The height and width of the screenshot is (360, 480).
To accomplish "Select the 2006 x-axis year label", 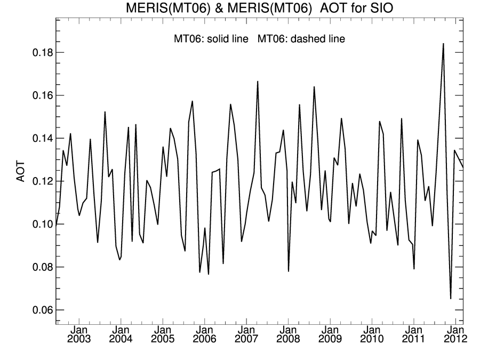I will pyautogui.click(x=204, y=339).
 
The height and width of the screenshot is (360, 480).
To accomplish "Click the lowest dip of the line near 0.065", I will pyautogui.click(x=451, y=298).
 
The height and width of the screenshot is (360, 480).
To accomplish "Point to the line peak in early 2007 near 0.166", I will pyautogui.click(x=258, y=82).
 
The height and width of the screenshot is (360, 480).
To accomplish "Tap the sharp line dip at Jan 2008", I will pyautogui.click(x=289, y=271).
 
